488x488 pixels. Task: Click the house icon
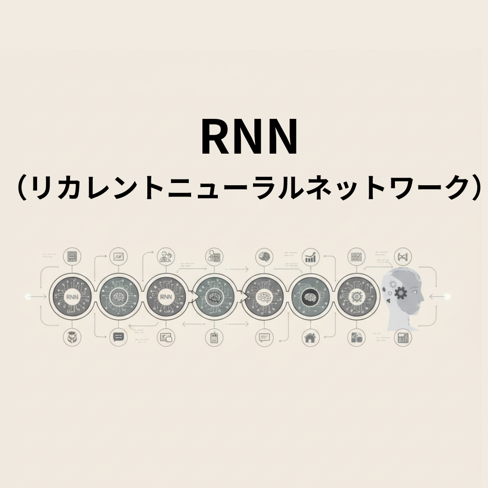tap(310, 337)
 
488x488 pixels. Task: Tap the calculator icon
tap(403, 338)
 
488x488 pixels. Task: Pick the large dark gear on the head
tap(401, 293)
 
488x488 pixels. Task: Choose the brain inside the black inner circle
tap(310, 297)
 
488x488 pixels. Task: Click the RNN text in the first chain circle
tap(71, 297)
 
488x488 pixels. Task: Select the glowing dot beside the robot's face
tap(447, 296)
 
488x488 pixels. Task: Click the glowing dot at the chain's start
tap(28, 296)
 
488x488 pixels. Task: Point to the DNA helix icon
tap(403, 257)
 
